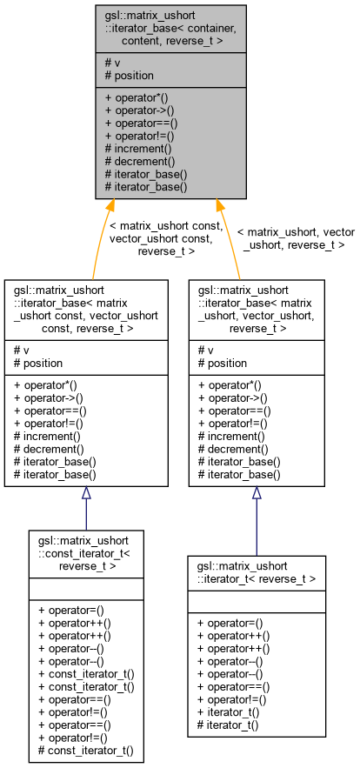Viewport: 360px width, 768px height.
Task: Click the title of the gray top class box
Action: (x=170, y=29)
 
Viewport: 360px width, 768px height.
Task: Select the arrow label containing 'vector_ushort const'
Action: (x=165, y=238)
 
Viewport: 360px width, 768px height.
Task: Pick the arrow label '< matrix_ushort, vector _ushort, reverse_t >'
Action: (x=296, y=238)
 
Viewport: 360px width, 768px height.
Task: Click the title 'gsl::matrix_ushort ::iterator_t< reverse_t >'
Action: (x=257, y=571)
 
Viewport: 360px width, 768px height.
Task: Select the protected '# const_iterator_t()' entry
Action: (x=86, y=749)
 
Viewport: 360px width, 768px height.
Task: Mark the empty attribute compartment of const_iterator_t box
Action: (x=85, y=588)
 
